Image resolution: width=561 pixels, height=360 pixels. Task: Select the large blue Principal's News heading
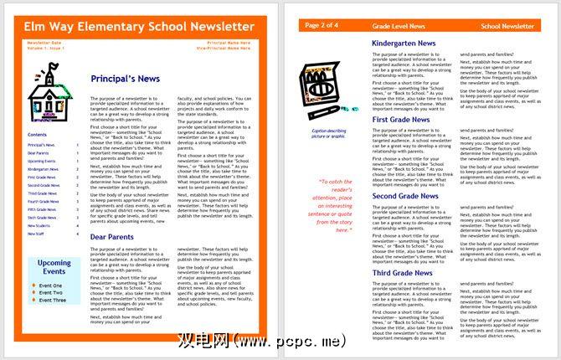coord(126,79)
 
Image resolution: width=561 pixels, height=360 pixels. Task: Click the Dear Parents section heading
coord(113,237)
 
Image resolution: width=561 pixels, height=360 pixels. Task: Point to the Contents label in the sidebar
coord(37,134)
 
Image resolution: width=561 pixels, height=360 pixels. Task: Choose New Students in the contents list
coord(39,225)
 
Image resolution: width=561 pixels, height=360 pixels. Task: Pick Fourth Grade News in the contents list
coord(43,201)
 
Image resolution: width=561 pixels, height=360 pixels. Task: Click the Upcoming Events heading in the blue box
coord(54,268)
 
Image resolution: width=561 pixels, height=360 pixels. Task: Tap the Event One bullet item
coord(50,285)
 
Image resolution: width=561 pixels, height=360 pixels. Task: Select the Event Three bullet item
coord(52,299)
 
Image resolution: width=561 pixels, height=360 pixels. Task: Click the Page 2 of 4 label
coord(322,26)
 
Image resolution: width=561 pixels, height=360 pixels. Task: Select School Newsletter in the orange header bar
coord(507,27)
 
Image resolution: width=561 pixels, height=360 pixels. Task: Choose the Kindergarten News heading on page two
coord(404,43)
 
